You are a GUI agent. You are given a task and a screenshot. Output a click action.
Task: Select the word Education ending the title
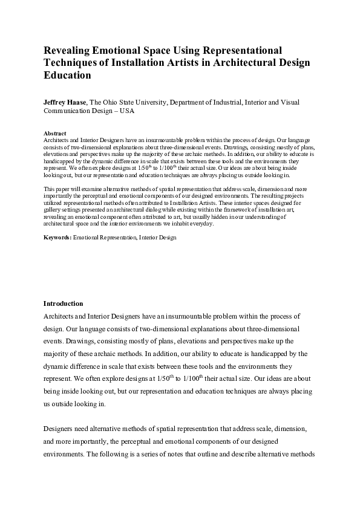(x=67, y=76)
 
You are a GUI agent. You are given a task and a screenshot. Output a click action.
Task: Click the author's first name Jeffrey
(x=56, y=103)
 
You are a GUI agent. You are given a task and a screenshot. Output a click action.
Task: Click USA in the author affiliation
(x=127, y=111)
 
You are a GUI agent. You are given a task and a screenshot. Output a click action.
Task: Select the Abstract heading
(x=55, y=133)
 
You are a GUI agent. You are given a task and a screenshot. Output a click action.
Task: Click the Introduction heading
(x=64, y=303)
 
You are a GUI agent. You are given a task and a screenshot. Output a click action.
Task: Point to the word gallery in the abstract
(x=54, y=202)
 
